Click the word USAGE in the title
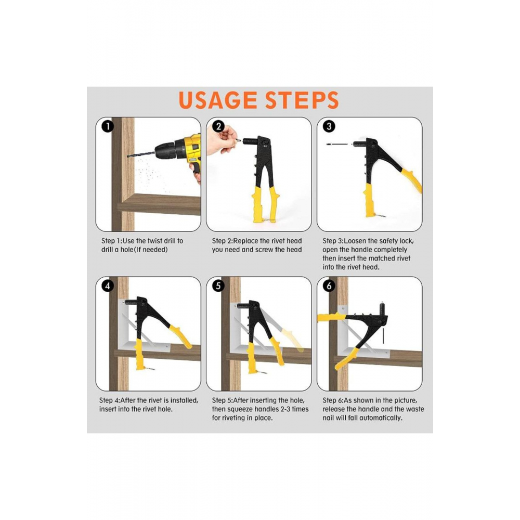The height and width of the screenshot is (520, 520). [x=218, y=100]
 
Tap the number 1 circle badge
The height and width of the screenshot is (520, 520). [x=108, y=126]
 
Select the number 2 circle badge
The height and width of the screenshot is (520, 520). [x=218, y=126]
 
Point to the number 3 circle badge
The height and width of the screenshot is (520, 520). [x=329, y=126]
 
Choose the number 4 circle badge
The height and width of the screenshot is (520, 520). [x=108, y=286]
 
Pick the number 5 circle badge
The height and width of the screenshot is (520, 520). [x=218, y=286]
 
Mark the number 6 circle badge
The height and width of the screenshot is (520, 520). [x=329, y=286]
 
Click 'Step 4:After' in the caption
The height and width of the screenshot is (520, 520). [x=116, y=400]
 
